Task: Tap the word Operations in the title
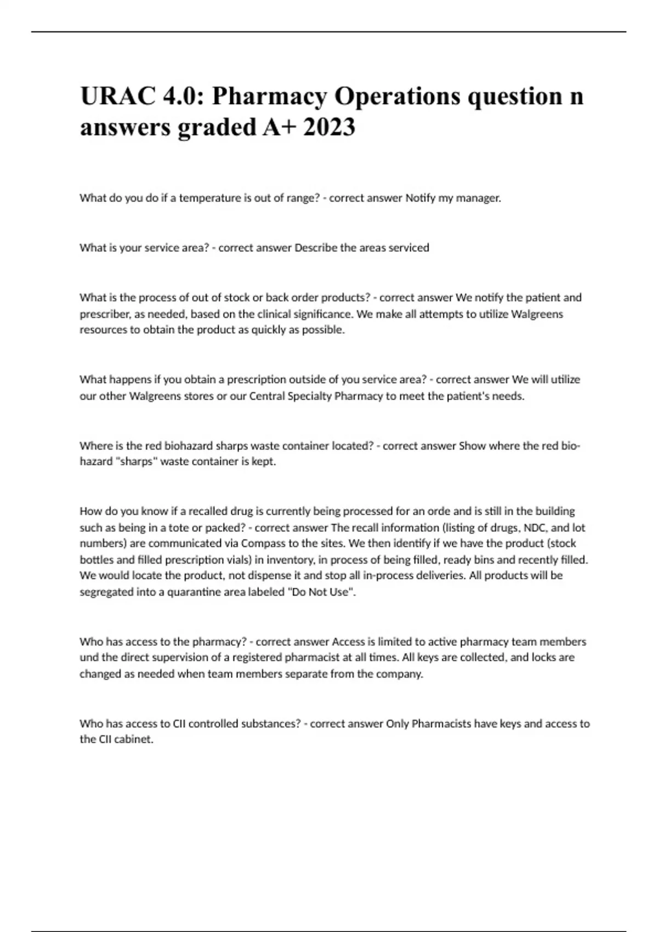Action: (x=397, y=96)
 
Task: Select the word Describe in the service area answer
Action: (x=316, y=248)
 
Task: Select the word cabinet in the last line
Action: (x=134, y=740)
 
